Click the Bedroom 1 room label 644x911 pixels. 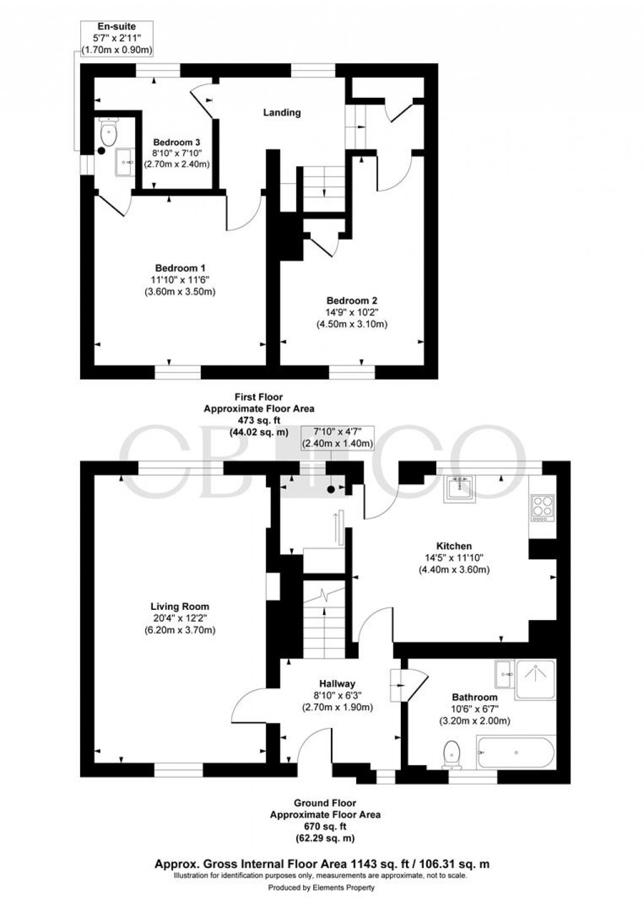(x=180, y=267)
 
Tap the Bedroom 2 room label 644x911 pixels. (x=352, y=301)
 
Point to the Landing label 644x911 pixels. (x=282, y=112)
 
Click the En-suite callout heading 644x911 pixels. (x=116, y=26)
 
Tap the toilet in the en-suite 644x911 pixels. (x=109, y=133)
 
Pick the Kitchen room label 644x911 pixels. (x=454, y=545)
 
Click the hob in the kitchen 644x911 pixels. (x=542, y=507)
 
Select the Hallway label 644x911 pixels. (x=337, y=683)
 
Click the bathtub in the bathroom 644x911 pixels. (x=516, y=753)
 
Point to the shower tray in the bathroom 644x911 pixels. (x=535, y=679)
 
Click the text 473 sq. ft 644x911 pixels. (x=258, y=420)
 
